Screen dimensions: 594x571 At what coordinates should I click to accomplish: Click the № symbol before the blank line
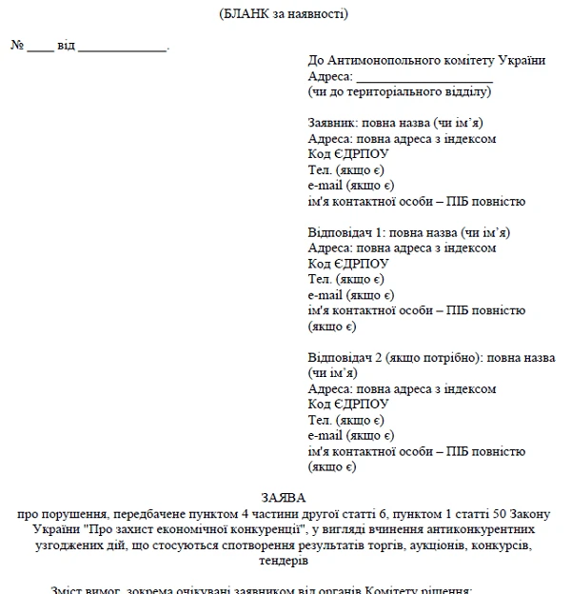[17, 46]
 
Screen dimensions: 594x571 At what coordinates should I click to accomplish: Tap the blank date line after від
[122, 47]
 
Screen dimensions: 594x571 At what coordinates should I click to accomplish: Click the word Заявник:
[333, 124]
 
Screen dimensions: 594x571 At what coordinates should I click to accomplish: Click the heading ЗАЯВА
[285, 497]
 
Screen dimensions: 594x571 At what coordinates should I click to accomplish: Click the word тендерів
[285, 562]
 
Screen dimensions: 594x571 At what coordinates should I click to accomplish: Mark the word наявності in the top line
[320, 13]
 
